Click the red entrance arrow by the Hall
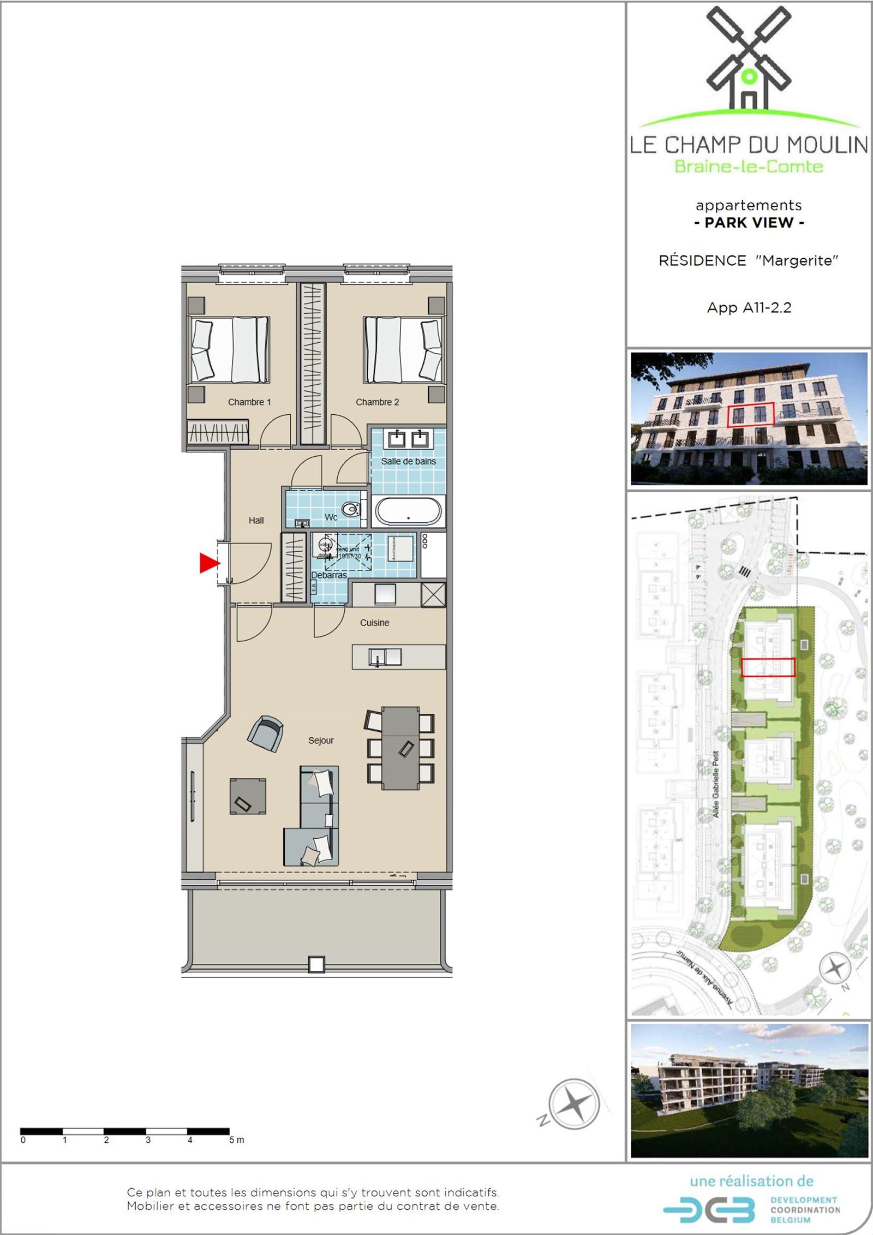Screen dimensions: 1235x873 [x=208, y=563]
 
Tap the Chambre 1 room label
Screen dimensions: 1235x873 [x=249, y=402]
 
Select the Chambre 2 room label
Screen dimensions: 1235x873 [x=377, y=402]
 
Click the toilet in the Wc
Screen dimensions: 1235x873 [x=350, y=510]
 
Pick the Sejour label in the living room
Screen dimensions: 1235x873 [x=321, y=741]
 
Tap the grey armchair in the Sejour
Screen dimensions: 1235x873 [x=265, y=733]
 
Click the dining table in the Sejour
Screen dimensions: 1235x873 [x=400, y=748]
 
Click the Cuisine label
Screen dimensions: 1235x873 [x=374, y=623]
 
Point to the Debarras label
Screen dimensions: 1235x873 [x=328, y=575]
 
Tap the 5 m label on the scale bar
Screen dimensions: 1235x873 [x=236, y=1140]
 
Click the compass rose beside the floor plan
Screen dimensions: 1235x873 [x=573, y=1104]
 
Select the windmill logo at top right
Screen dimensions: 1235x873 [x=749, y=60]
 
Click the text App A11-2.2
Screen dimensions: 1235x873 [x=749, y=308]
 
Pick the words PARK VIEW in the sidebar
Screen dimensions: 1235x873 [x=749, y=223]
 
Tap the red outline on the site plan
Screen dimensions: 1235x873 [x=768, y=667]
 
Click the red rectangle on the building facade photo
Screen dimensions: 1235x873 [x=751, y=414]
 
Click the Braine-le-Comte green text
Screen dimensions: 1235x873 [x=749, y=166]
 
